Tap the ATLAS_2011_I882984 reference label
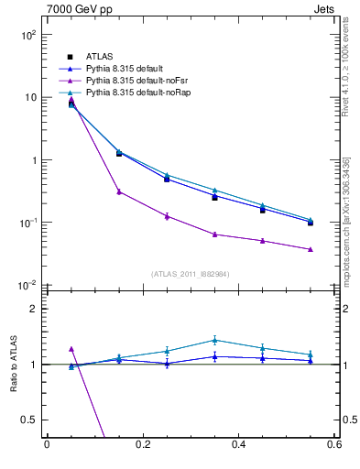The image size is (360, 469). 191,273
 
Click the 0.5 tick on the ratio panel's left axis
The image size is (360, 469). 28,420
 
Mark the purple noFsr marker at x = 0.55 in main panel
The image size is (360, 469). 311,249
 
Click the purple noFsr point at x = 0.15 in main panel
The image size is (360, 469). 119,191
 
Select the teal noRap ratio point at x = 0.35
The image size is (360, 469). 214,340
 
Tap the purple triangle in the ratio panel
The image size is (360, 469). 71,349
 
